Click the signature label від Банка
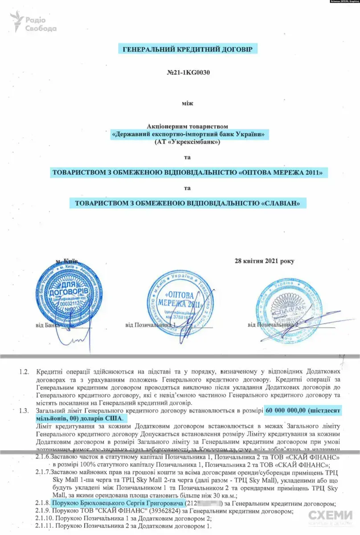(x=46, y=325)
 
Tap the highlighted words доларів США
(x=105, y=419)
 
